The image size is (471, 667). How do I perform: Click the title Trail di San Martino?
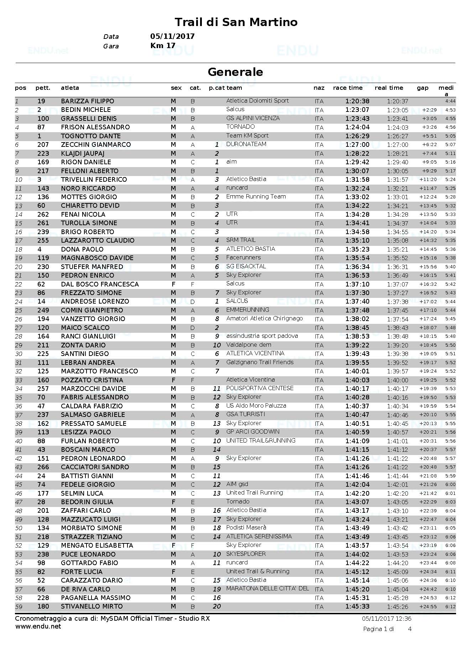click(236, 22)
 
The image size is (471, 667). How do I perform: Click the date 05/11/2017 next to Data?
click(172, 36)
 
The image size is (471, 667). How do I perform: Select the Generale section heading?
click(235, 72)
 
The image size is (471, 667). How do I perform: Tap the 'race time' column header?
click(347, 88)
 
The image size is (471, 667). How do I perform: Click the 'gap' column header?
click(423, 88)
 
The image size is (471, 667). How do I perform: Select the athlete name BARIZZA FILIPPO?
click(87, 101)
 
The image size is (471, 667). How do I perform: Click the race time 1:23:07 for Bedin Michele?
click(357, 110)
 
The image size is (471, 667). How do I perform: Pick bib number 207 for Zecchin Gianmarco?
click(43, 145)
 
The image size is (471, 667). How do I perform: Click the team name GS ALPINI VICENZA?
click(253, 118)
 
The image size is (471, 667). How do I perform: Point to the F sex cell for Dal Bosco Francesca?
click(173, 284)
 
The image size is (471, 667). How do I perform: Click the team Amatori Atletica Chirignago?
click(265, 319)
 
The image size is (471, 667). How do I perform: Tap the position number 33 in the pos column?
click(19, 380)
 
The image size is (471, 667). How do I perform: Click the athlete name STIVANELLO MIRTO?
click(91, 606)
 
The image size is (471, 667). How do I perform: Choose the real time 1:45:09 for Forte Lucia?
click(397, 572)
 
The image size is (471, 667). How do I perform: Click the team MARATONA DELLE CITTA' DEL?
click(267, 589)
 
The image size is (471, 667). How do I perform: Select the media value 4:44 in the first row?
click(450, 101)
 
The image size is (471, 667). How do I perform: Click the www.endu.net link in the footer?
click(38, 626)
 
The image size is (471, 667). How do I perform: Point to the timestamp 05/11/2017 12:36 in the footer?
click(387, 619)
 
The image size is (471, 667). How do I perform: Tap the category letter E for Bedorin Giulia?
click(193, 502)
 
